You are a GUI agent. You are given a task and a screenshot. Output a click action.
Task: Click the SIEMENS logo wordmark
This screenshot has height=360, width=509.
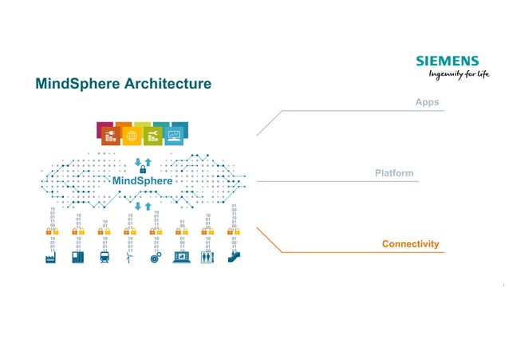point(447,61)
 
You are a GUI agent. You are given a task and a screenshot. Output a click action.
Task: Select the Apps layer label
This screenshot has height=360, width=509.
point(427,103)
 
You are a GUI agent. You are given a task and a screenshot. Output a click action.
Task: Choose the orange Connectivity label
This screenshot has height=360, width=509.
point(410,243)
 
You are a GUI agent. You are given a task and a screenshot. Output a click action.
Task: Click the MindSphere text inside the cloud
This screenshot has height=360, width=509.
point(142,181)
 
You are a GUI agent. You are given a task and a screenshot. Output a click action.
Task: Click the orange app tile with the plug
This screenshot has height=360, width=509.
point(110,136)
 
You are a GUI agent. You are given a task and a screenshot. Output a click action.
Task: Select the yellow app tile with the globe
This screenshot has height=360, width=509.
point(132,136)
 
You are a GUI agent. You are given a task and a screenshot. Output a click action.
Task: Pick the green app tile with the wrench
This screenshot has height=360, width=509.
point(153,136)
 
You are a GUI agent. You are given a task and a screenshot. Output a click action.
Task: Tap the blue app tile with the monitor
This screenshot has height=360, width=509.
point(175,136)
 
